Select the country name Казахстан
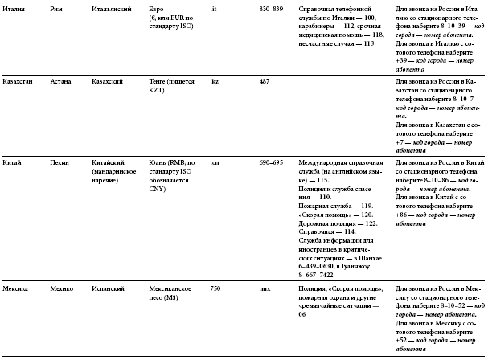[x=19, y=83]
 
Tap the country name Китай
[x=13, y=162]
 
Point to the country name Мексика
[x=17, y=288]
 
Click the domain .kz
[x=214, y=83]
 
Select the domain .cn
[x=215, y=162]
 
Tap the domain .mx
[x=265, y=288]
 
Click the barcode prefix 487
[x=264, y=83]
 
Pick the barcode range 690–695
[x=271, y=162]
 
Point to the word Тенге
[x=161, y=83]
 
